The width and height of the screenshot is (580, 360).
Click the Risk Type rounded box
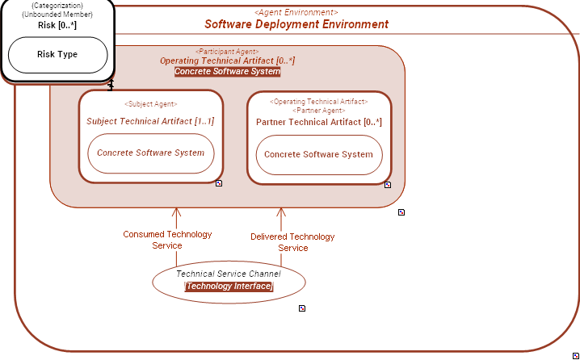pos(57,55)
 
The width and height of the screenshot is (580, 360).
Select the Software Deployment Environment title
pos(296,24)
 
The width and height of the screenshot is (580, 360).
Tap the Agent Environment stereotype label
pos(296,12)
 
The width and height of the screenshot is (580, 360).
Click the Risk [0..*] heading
pos(57,25)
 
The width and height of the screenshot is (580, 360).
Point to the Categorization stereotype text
pos(57,6)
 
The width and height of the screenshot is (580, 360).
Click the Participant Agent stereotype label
pos(227,51)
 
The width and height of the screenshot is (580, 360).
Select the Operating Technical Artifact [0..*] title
pos(227,61)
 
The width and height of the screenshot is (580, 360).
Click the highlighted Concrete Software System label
pos(227,72)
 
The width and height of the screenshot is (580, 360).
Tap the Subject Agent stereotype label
pos(150,104)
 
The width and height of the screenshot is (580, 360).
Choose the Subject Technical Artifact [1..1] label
pos(150,121)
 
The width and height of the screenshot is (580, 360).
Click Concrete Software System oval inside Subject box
pos(151,153)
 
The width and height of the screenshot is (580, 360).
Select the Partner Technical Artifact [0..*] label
pos(318,122)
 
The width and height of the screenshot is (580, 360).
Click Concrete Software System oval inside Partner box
pos(318,154)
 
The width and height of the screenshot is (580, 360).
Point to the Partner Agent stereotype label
pos(318,110)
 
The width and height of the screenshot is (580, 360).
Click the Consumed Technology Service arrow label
pos(167,240)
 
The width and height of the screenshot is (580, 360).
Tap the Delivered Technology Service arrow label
pos(292,242)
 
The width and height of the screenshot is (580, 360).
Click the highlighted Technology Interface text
pos(229,287)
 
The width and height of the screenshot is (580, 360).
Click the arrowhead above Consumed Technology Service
pos(176,212)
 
